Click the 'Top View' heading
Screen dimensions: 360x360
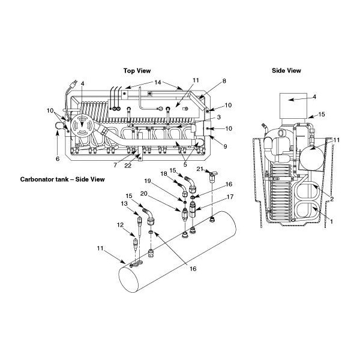click(137, 70)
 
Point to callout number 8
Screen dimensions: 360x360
click(207, 80)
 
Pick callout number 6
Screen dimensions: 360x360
click(58, 159)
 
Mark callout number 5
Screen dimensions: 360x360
click(186, 164)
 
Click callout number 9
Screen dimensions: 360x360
click(209, 146)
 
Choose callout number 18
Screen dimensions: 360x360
click(163, 173)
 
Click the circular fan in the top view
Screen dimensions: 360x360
click(80, 128)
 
